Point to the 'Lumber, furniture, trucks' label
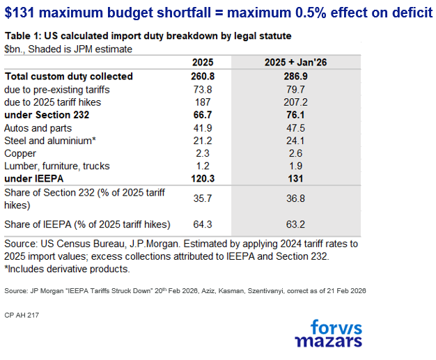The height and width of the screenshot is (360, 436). click(50, 166)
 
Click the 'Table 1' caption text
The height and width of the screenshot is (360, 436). click(23, 36)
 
